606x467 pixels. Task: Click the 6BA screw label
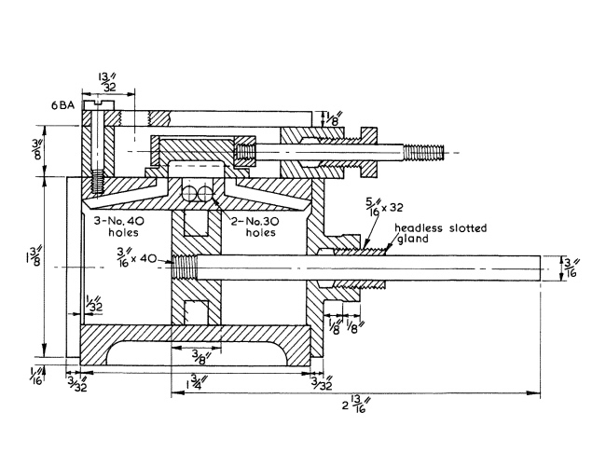(62, 105)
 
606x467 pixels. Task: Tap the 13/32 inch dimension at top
(109, 81)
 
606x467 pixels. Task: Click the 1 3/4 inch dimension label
(196, 382)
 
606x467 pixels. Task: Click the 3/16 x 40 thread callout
(137, 256)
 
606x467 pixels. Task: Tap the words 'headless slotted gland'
(441, 233)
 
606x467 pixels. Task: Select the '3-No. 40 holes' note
(120, 227)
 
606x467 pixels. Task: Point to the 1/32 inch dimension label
(93, 303)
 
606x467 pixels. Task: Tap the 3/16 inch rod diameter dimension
(570, 268)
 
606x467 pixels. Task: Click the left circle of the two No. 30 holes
(190, 193)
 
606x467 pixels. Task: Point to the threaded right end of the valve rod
(424, 152)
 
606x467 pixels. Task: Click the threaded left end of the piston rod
(185, 268)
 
